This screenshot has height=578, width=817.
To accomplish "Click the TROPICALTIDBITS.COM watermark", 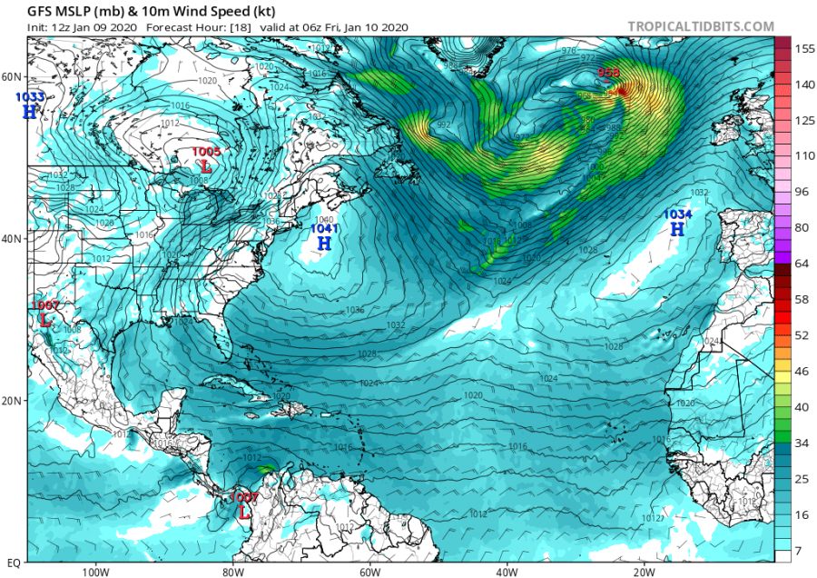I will click(x=700, y=27).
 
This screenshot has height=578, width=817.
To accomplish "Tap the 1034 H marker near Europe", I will click(x=676, y=229).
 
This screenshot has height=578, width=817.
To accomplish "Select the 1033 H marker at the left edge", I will click(x=30, y=111).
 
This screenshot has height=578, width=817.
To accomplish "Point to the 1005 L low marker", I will click(x=206, y=166).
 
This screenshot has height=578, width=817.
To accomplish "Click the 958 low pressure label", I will click(x=608, y=74).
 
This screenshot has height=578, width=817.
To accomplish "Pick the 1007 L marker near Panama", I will click(x=243, y=512).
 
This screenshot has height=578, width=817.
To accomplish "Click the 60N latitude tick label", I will click(x=13, y=76).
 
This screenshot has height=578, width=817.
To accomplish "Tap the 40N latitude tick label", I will click(x=13, y=239).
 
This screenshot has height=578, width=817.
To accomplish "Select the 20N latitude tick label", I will click(x=13, y=401).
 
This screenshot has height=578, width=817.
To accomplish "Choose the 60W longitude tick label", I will click(x=369, y=572).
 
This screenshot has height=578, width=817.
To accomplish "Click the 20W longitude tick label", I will click(x=644, y=572).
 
